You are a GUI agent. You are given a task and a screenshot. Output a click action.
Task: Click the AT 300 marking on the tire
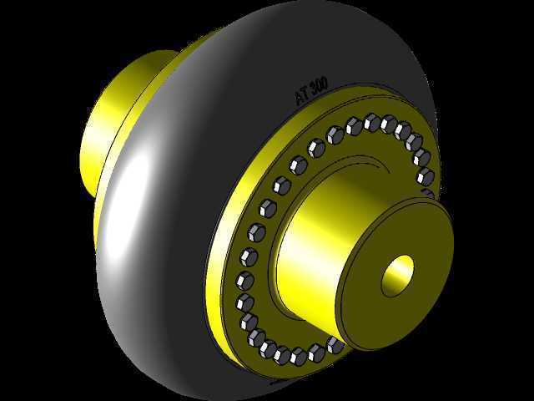pos(311,90)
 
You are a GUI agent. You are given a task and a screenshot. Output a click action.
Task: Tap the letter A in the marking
pos(300,98)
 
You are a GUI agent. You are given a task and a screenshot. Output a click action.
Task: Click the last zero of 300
pos(325,84)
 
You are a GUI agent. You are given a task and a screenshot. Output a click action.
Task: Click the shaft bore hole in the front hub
pos(397,276)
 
